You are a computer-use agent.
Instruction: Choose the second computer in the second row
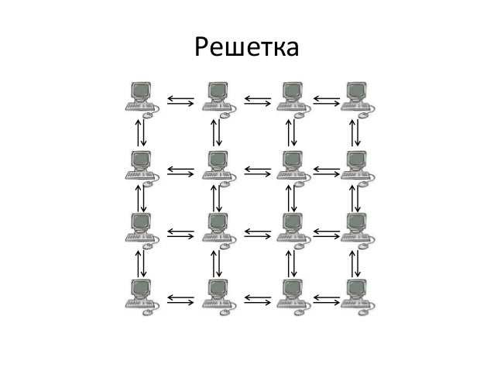point(218,166)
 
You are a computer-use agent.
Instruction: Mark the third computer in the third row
point(292,228)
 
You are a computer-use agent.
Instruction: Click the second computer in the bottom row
point(218,295)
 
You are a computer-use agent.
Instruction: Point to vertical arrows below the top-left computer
point(140,132)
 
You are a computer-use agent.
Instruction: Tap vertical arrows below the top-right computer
point(355,132)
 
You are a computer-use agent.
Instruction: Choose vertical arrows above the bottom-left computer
point(140,263)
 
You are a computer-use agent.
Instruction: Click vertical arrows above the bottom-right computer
point(355,263)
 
